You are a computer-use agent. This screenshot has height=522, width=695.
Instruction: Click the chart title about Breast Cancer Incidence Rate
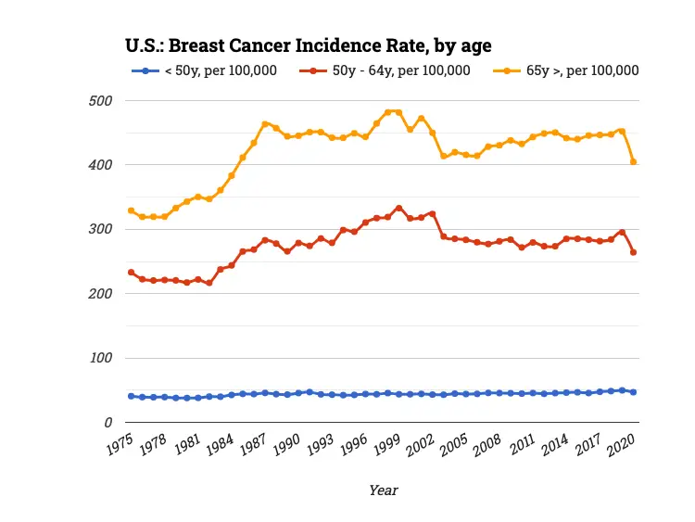308,45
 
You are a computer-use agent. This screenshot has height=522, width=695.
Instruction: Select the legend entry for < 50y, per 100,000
220,70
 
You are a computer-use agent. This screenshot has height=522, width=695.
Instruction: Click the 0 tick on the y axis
108,423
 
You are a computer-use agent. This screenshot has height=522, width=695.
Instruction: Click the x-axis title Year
383,490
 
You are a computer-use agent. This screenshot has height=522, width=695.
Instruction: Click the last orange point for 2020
633,161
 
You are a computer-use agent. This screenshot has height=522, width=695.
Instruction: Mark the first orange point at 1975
131,210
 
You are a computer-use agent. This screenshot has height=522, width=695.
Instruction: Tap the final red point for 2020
633,252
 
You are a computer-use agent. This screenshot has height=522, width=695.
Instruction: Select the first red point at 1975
131,273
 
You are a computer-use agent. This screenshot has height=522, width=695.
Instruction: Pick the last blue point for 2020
633,392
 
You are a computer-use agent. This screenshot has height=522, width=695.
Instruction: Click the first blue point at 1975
131,396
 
